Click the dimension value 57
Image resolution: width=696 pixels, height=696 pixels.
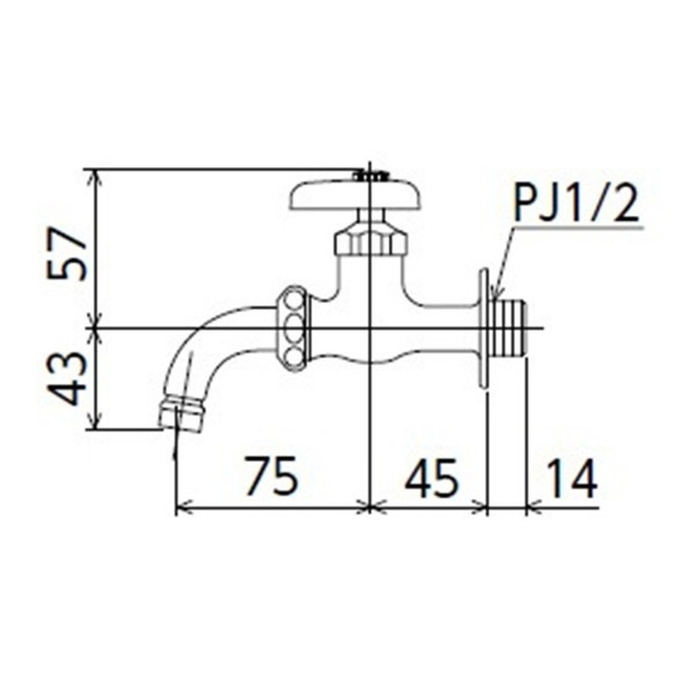pyautogui.click(x=67, y=253)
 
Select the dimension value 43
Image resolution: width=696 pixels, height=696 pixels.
pyautogui.click(x=67, y=378)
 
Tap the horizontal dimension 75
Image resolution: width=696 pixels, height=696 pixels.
pyautogui.click(x=271, y=477)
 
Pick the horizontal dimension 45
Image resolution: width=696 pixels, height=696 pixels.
pyautogui.click(x=431, y=477)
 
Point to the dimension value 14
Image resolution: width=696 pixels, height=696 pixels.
pyautogui.click(x=572, y=477)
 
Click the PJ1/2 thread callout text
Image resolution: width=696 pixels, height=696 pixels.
pyautogui.click(x=575, y=205)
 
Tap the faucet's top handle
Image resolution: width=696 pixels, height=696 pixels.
pyautogui.click(x=355, y=195)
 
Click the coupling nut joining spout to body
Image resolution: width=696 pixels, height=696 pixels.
pyautogui.click(x=293, y=329)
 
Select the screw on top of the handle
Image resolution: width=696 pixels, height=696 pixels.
pyautogui.click(x=370, y=175)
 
